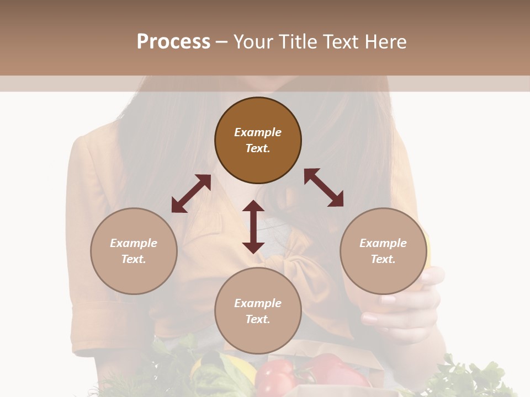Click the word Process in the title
(173, 42)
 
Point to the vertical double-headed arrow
(253, 227)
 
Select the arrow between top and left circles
(191, 194)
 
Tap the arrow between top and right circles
(324, 187)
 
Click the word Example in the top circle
(258, 132)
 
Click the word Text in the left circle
(134, 259)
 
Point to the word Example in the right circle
(383, 243)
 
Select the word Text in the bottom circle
(258, 319)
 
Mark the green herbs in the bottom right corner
(475, 378)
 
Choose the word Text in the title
(341, 42)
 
